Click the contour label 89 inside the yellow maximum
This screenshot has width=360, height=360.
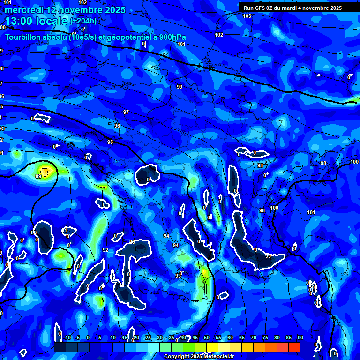[x=38, y=176]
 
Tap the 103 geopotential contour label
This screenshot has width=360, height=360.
[x=247, y=16]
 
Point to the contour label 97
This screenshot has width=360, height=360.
[x=126, y=112]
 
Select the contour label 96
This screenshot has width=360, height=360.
[x=117, y=126]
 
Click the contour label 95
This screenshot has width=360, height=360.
[x=110, y=142]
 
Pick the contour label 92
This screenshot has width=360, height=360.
[x=105, y=250]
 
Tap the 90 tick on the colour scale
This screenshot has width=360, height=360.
[x=300, y=337]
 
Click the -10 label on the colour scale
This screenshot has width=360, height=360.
[x=67, y=337]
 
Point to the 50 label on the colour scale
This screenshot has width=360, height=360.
[x=207, y=337]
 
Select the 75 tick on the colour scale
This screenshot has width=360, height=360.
[x=265, y=337]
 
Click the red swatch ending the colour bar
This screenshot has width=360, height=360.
[x=294, y=347]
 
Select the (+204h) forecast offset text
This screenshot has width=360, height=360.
[x=83, y=21]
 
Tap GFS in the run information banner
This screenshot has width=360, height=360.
[x=260, y=7]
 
